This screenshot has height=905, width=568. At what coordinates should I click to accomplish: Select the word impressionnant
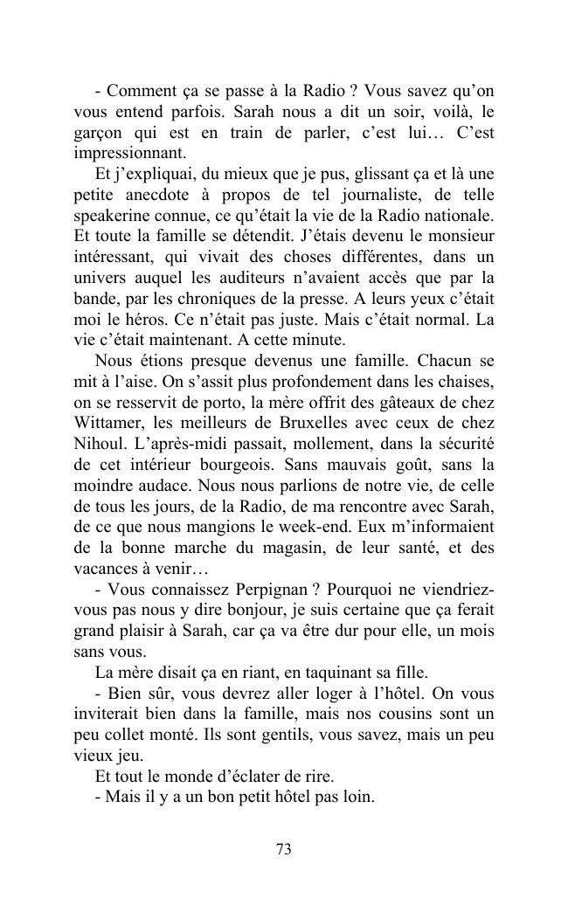[125, 152]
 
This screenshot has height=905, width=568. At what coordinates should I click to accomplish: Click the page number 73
[283, 849]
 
